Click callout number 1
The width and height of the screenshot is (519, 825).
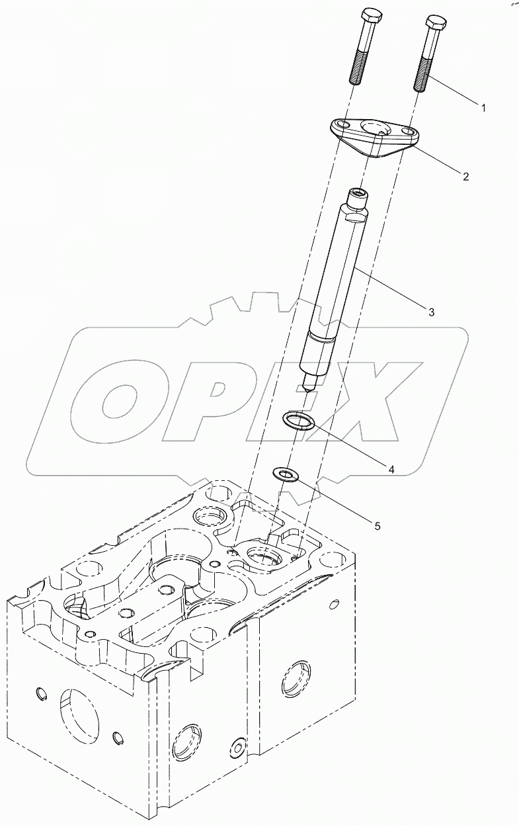coord(483,107)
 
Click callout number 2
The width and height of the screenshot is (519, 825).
coord(465,176)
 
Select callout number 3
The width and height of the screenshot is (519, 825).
coord(431,312)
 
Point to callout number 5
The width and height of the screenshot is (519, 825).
coord(378,527)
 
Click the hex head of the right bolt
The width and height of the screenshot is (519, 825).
coord(436,22)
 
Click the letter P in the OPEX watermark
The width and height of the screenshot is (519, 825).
coord(205,403)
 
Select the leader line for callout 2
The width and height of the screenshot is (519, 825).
coord(436,161)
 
